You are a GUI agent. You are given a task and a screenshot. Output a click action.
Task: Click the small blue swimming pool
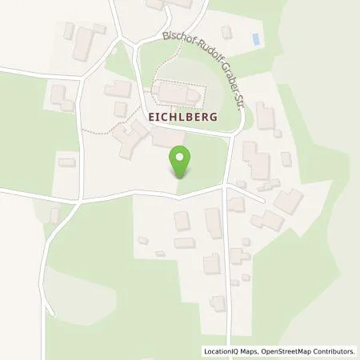(255, 38)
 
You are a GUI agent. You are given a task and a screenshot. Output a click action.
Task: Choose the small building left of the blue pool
(226, 33)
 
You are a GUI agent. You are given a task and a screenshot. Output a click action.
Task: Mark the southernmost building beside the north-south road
(218, 303)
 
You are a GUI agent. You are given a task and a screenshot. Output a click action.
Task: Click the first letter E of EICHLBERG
(150, 116)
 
